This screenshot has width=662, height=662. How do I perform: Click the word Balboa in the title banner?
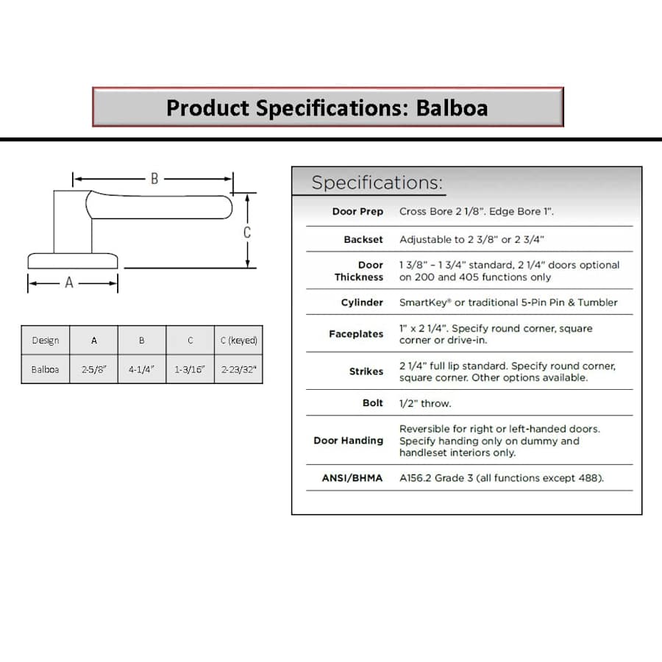click(x=452, y=108)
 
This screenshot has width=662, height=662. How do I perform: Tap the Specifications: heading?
click(x=377, y=183)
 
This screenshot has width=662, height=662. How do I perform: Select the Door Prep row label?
click(x=357, y=212)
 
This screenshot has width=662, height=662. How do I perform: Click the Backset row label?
click(x=363, y=240)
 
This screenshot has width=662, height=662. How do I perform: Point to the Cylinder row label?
click(x=362, y=302)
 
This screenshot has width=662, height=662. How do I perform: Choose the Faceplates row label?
click(x=356, y=334)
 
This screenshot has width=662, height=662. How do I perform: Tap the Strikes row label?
click(x=366, y=371)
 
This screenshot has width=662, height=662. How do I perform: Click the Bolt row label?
click(x=373, y=403)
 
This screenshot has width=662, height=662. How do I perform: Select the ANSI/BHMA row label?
click(x=352, y=478)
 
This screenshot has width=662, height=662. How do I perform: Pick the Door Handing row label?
click(x=349, y=441)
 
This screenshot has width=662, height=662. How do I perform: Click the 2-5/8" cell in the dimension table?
click(x=94, y=369)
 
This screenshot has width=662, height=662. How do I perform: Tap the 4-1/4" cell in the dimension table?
click(x=142, y=369)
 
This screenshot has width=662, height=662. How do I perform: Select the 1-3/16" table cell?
click(x=190, y=369)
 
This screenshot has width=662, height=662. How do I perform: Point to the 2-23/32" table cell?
click(x=239, y=369)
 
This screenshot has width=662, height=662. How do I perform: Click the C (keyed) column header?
click(x=239, y=341)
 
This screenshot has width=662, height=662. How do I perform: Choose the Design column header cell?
click(x=46, y=341)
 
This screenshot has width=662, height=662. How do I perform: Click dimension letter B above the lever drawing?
click(x=154, y=179)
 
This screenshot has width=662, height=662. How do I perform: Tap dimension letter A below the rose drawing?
click(x=69, y=282)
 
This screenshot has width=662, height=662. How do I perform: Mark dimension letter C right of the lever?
click(x=247, y=232)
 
